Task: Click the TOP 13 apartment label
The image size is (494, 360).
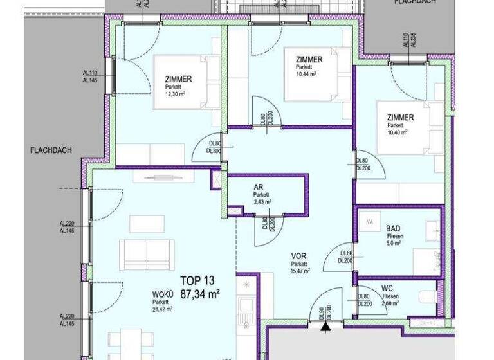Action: pos(197,280)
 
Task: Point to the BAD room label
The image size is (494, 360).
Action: pos(393,228)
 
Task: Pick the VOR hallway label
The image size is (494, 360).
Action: pos(298,256)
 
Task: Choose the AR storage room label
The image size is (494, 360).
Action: pos(259,187)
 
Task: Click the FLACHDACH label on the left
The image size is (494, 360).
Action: pos(51,151)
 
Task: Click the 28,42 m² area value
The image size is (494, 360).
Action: pos(163,309)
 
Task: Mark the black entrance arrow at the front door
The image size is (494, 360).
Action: pos(326,327)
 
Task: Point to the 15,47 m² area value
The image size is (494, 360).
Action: pos(300,271)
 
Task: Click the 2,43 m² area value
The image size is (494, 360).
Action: pos(261,201)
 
